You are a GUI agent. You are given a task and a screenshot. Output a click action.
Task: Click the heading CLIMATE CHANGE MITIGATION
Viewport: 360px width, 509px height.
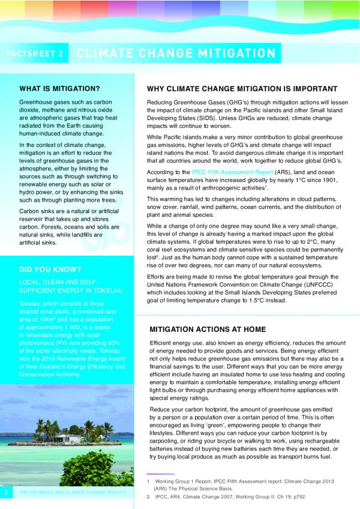tap(176, 53)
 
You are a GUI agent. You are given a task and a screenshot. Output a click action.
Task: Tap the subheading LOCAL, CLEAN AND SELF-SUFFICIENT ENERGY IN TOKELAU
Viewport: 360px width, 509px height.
tap(71, 286)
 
